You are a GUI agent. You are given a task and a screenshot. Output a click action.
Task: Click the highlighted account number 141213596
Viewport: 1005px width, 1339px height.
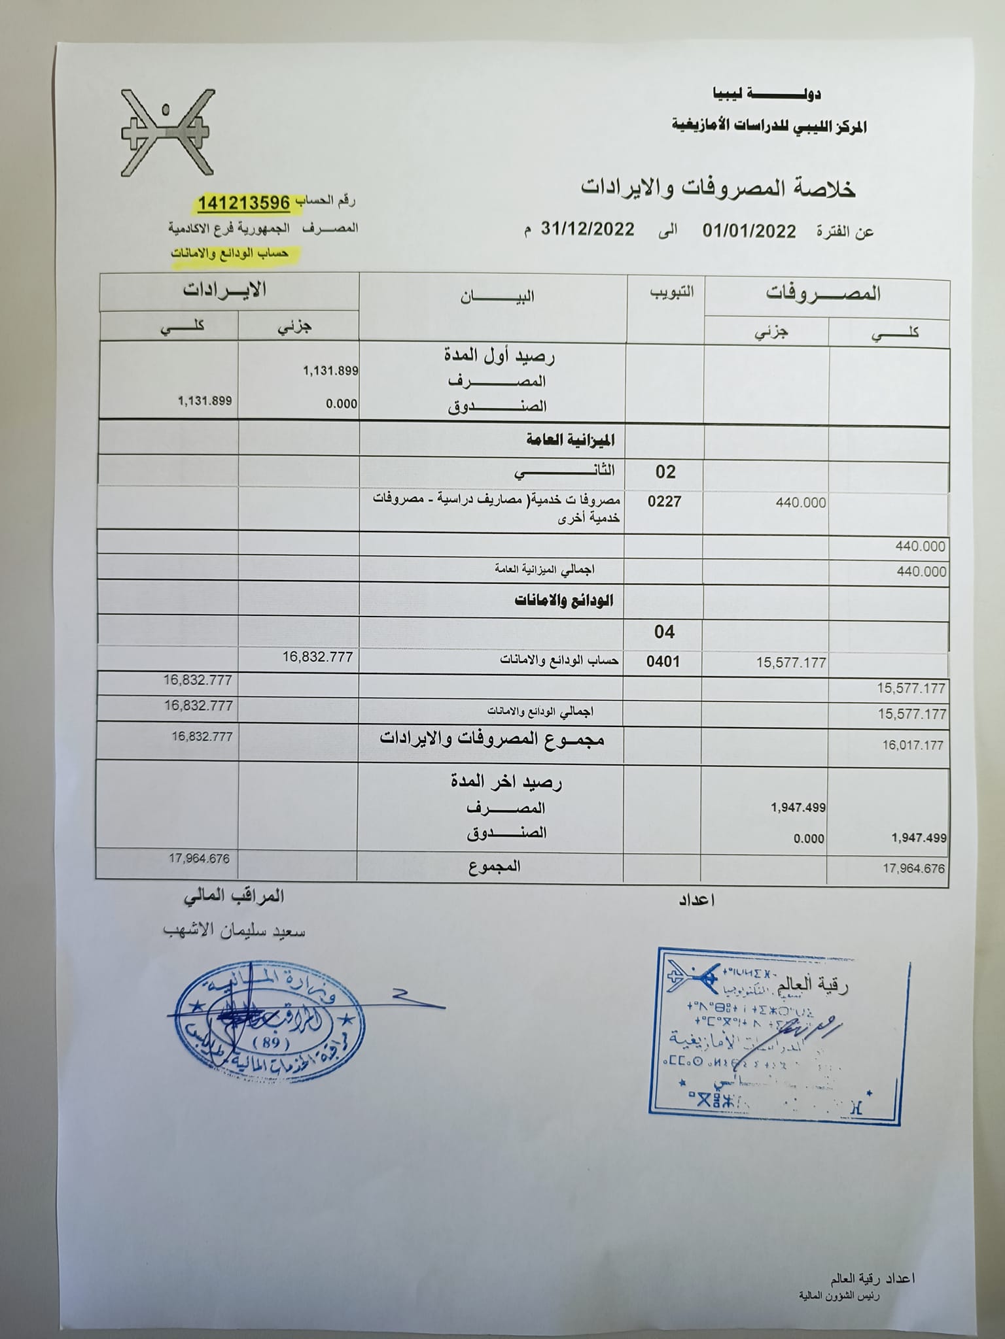point(243,203)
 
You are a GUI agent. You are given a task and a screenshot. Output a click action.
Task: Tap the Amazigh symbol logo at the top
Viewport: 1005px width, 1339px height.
point(167,133)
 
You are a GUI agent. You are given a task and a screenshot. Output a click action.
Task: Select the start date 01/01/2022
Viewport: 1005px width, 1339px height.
point(749,231)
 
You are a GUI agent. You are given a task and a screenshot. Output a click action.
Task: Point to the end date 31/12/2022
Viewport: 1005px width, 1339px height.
point(588,229)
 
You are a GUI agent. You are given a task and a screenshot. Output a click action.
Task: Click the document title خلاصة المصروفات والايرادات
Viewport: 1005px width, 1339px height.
point(718,188)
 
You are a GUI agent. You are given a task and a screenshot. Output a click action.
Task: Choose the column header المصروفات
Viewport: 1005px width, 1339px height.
point(823,294)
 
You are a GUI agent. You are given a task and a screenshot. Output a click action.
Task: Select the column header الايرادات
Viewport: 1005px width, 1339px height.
point(224,290)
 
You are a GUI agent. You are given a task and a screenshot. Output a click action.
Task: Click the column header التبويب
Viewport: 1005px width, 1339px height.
point(671,292)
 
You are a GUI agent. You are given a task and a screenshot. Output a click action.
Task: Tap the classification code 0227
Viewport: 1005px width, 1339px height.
point(664,501)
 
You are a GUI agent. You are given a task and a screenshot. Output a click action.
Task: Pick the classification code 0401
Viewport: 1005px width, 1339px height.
point(663,662)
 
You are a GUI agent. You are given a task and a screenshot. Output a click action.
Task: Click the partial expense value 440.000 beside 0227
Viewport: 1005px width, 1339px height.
point(800,503)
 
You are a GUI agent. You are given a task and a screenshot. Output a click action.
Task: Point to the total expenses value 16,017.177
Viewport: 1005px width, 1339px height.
point(912,745)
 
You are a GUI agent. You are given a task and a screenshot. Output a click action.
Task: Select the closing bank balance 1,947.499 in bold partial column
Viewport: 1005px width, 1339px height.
point(798,807)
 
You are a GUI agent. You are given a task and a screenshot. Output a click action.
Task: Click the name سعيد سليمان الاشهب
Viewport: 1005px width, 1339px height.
point(234,931)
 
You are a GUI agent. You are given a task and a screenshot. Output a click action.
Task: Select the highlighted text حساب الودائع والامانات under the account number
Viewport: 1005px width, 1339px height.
point(230,254)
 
